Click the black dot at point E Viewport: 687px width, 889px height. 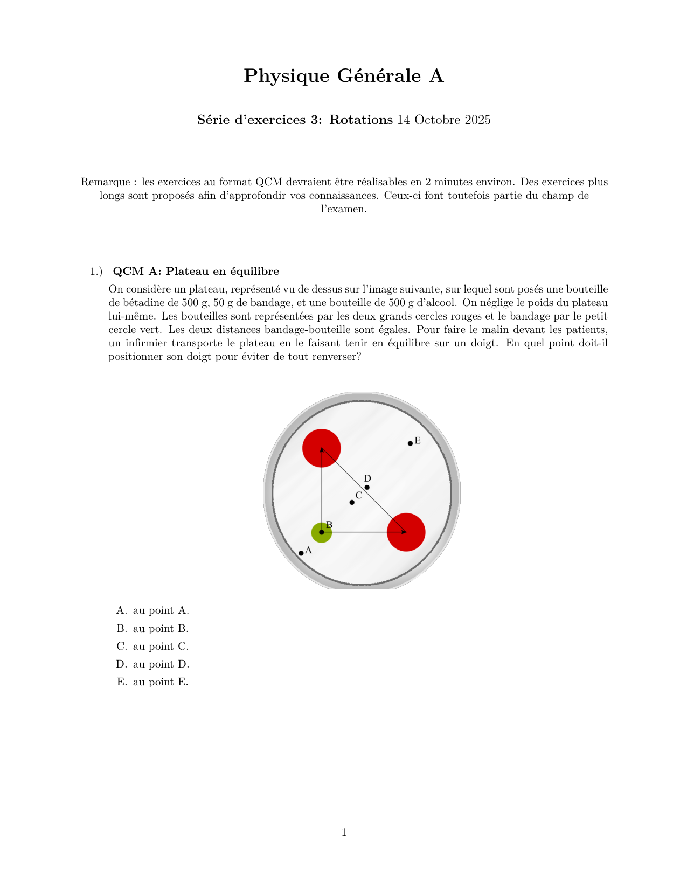click(x=410, y=443)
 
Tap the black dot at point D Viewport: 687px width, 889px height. click(x=367, y=488)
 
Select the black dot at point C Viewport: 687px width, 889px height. click(x=352, y=502)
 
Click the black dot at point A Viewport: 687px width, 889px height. click(x=301, y=553)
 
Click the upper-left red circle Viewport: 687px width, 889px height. click(x=322, y=448)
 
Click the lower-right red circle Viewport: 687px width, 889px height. click(x=406, y=532)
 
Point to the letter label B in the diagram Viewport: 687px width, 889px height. click(x=329, y=525)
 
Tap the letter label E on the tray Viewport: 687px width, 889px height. click(x=418, y=441)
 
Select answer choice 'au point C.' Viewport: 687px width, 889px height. click(x=161, y=647)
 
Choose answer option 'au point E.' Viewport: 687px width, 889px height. click(x=161, y=682)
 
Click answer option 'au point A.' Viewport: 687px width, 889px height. click(x=161, y=610)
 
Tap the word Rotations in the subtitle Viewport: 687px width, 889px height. click(x=361, y=120)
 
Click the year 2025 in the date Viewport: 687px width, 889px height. click(x=477, y=120)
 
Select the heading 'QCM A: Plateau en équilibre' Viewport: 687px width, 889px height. click(x=196, y=271)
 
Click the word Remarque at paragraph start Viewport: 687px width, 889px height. click(x=105, y=182)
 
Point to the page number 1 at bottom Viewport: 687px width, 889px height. click(x=344, y=832)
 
